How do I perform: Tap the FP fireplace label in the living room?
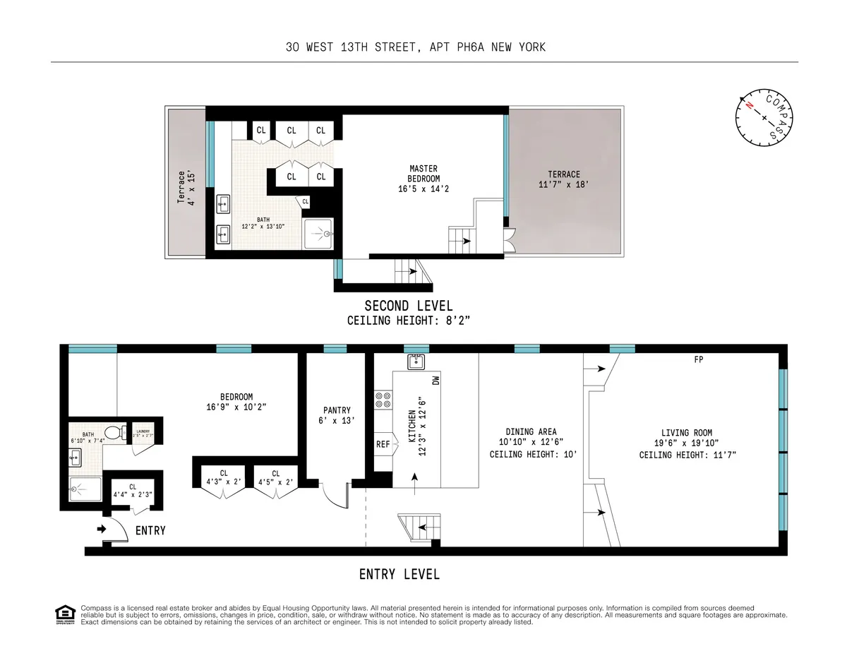coord(698,359)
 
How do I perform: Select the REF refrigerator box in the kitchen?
coord(383,445)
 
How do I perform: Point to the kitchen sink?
coord(415,362)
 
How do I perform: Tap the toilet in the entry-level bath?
coord(112,431)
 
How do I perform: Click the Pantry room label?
coord(337,415)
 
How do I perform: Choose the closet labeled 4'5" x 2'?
coord(275,478)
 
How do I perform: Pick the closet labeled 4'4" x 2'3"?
coord(133,491)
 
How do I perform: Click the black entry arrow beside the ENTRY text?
coord(101,529)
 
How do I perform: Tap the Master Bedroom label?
coord(423,179)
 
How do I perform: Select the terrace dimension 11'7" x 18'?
coord(563,184)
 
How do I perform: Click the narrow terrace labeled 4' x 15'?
coord(185,188)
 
